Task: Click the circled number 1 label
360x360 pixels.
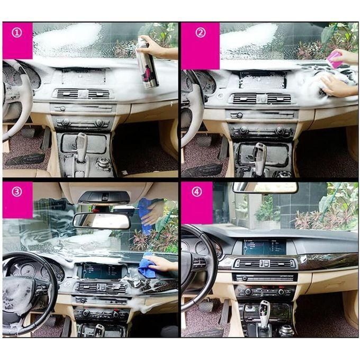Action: tap(17, 33)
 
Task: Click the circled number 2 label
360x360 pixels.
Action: tap(201, 33)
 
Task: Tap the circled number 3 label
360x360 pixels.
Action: tap(17, 192)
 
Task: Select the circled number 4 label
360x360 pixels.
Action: tap(197, 192)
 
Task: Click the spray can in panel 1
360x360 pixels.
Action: tap(147, 62)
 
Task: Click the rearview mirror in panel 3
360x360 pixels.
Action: tap(102, 221)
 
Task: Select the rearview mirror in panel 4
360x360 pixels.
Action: tap(265, 188)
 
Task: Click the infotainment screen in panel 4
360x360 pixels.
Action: tap(264, 247)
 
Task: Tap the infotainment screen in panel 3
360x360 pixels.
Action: tap(102, 271)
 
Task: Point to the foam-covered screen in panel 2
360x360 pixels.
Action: tap(263, 80)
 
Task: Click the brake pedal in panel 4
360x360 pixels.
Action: tap(205, 307)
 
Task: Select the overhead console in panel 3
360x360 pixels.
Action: tap(104, 198)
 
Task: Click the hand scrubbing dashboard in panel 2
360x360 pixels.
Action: tap(337, 86)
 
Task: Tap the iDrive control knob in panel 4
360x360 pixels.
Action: tap(285, 330)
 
